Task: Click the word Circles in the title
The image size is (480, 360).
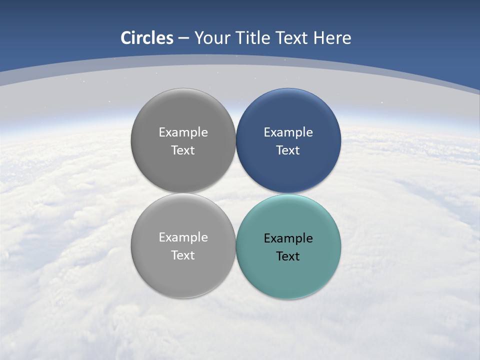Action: (x=147, y=38)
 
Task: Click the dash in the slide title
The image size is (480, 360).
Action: (x=183, y=38)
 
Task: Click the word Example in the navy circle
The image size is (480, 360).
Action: (x=288, y=132)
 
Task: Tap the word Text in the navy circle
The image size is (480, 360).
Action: (x=288, y=150)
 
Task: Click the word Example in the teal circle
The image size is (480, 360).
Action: (x=288, y=238)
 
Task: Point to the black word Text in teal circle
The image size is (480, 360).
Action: (x=288, y=256)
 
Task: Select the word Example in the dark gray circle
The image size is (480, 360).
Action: (x=183, y=132)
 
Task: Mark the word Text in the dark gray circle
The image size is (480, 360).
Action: (x=183, y=150)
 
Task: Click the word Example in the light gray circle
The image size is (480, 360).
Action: (x=183, y=237)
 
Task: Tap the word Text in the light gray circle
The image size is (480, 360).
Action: (x=183, y=255)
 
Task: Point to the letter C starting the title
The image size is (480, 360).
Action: (x=126, y=38)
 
